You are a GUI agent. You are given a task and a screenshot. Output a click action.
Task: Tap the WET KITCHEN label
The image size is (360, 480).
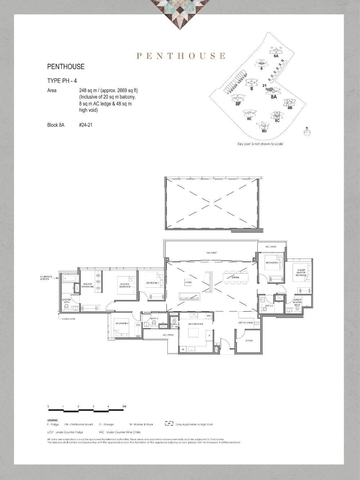193,324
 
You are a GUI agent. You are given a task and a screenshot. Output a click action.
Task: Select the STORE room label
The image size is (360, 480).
249,341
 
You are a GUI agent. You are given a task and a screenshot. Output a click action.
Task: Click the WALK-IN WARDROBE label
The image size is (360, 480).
87,285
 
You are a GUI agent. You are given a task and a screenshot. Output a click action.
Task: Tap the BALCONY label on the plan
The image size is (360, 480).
212,253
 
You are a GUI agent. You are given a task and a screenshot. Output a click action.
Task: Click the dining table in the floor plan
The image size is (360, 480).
235,277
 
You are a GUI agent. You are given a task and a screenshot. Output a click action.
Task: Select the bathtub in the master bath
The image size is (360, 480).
69,278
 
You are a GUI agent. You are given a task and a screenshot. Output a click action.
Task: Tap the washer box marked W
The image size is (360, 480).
183,349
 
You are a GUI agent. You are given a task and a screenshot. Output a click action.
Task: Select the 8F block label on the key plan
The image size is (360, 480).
238,104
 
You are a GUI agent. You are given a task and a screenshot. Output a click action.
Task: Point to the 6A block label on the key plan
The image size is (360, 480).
276,56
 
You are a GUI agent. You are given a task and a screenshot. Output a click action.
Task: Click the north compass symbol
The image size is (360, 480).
307,132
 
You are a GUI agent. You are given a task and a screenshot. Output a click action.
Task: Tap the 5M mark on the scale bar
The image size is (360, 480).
124,407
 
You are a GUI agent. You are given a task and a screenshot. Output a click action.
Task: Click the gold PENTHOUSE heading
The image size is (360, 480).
181,56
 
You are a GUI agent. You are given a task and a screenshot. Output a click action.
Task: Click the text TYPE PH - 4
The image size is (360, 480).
62,81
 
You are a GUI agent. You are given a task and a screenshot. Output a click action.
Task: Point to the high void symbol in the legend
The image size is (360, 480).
169,424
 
